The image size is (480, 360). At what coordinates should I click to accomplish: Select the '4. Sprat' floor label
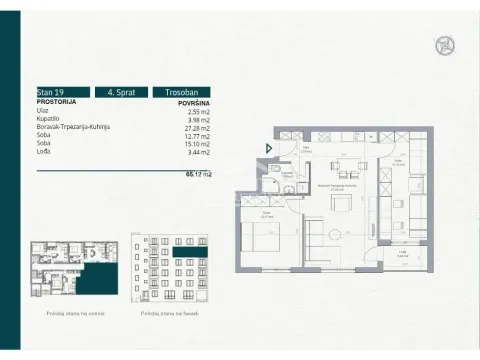[121, 91]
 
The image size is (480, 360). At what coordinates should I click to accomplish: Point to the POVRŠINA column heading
[192, 101]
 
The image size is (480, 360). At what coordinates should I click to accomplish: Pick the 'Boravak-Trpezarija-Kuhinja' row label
[72, 127]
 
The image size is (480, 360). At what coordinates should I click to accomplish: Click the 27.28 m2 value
[197, 127]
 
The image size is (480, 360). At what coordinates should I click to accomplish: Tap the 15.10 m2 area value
[197, 145]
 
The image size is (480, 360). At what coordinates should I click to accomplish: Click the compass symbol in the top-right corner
[444, 45]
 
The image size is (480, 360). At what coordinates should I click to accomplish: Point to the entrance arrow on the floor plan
[267, 150]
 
